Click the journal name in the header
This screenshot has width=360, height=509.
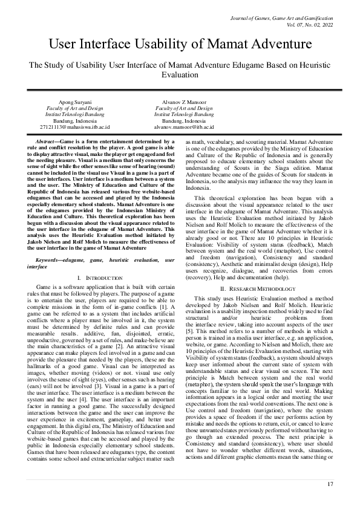(x=283, y=19)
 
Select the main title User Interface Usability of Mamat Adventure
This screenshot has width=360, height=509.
(x=179, y=44)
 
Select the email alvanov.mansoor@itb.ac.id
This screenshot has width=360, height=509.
(x=184, y=128)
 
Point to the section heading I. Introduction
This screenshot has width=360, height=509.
(x=97, y=277)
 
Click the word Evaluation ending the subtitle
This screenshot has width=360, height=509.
(x=179, y=75)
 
